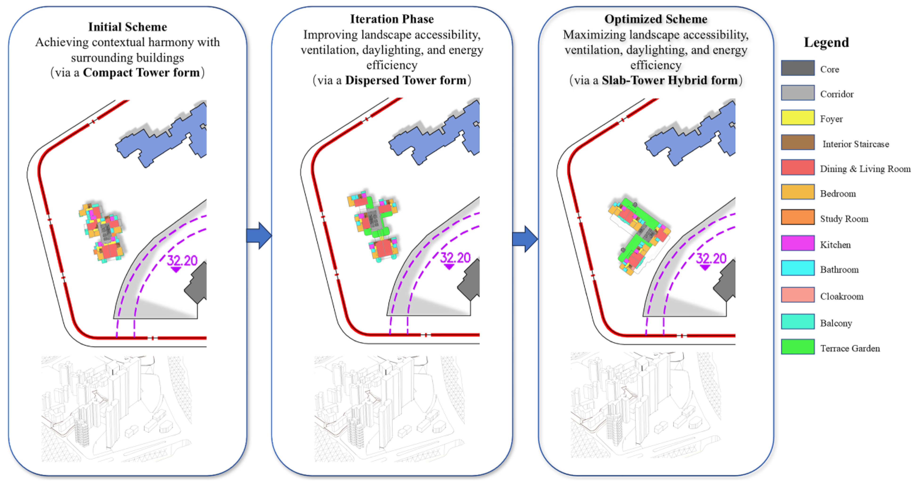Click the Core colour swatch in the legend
point(797,68)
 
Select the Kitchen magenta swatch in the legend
point(797,243)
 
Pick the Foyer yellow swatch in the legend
point(797,117)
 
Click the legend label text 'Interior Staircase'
point(855,144)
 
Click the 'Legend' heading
point(826,42)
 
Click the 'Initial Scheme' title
point(127,27)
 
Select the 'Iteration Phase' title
point(392,19)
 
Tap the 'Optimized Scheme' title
point(655,19)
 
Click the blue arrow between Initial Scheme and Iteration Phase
point(259,236)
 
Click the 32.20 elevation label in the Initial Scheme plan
point(182,260)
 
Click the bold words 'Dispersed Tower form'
point(405,80)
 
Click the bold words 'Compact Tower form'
point(141,73)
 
